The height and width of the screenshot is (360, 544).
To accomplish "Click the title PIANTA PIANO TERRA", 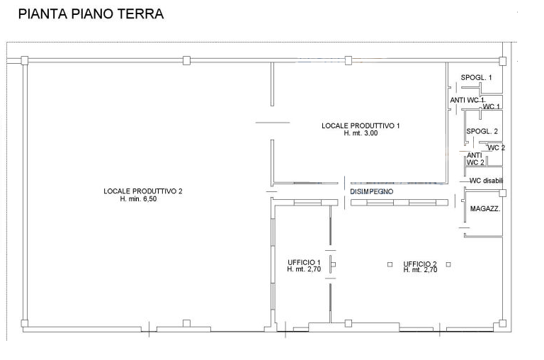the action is pos(91,14).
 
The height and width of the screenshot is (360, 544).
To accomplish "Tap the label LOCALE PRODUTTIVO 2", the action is pos(143,191).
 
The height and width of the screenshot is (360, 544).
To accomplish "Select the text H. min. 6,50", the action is pos(138,199).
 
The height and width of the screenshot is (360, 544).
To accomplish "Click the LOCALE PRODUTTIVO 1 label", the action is pos(361,125).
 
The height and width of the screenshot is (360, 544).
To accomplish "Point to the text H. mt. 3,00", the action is pos(361,133).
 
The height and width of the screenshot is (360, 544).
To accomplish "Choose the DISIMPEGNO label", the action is pos(372,191).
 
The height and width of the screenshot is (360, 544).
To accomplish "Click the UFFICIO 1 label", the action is pos(304,262).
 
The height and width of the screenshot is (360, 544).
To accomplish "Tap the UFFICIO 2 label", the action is pos(420,264).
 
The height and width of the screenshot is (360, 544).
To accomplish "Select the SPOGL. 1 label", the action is pos(476,78).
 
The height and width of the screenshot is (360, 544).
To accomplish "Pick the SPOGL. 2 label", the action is pos(482,131).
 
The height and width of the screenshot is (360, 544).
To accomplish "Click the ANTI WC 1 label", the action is pos(467,100).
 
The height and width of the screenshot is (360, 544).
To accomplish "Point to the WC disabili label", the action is pos(486,181).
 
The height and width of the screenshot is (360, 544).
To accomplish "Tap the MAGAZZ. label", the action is pos(485,208).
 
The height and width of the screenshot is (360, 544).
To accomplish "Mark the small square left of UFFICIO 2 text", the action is pos(390,264).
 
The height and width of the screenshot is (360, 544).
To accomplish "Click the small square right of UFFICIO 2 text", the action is pos(448,264).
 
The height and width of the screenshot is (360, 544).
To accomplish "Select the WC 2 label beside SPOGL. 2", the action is pos(497,148).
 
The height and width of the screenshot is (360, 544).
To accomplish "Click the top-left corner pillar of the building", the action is pos(24,60).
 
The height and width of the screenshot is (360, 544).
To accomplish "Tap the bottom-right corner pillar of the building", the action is pos(502,324).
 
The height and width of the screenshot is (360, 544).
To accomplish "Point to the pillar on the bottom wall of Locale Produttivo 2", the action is pos(186,324).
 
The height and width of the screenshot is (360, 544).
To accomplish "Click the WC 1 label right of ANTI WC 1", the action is pos(492,106).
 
